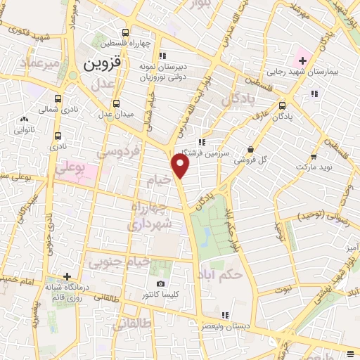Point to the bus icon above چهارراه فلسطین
pos(126,32)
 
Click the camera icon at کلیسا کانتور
pos(160,283)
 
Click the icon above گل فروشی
pos(251,148)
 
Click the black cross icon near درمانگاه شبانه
pos(67,277)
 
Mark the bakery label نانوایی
pos(25,129)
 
